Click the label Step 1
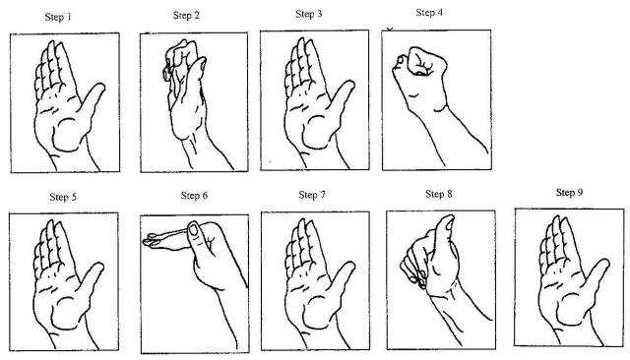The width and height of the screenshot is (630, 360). pos(58,17)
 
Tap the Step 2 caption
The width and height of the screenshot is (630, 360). pos(186,16)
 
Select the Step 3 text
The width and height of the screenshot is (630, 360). pos(308,14)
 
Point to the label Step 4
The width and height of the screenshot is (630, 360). pos(429,13)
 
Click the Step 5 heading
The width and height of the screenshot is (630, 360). pos(63,197)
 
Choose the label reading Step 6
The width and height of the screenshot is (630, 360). pos(194,196)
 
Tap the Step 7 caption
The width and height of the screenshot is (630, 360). pos(312,195)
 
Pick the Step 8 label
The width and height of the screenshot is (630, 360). pos(439,194)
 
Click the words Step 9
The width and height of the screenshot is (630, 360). pos(569,192)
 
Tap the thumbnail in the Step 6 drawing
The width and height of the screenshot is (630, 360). pos(194,229)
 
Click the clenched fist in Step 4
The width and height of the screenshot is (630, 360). pos(422,62)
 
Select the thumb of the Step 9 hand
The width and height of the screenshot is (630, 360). pos(597,278)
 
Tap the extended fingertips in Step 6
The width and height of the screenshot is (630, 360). pos(151,240)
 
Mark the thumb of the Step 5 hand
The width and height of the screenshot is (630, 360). pos(91,281)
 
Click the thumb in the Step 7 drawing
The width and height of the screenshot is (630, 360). pos(342,281)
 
